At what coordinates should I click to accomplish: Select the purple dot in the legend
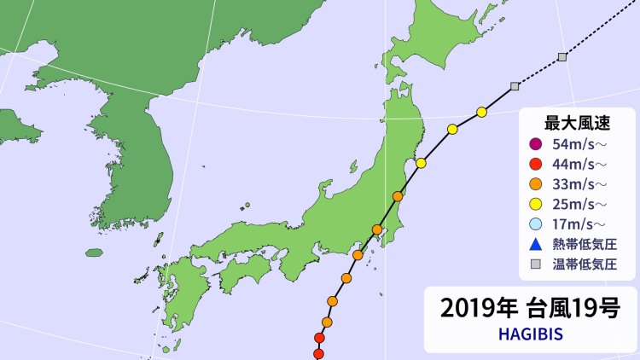535,143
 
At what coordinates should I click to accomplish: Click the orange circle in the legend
535,183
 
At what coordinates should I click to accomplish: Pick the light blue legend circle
535,224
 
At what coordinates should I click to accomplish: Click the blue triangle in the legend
535,243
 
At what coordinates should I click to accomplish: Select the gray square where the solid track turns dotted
515,86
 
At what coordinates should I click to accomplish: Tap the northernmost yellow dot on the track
482,112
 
